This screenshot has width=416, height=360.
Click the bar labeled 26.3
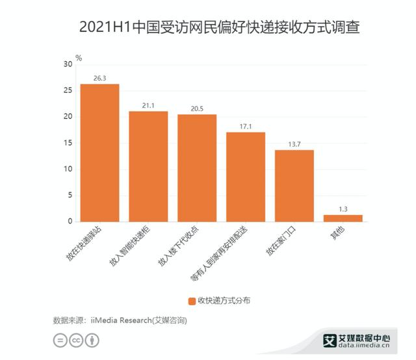pyautogui.click(x=99, y=153)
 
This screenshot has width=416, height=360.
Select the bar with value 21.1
pyautogui.click(x=148, y=166)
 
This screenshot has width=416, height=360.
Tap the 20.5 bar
pyautogui.click(x=197, y=168)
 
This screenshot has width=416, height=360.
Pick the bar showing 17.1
pyautogui.click(x=246, y=177)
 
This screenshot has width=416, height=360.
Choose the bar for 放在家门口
pyautogui.click(x=294, y=186)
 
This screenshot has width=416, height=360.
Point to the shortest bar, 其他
pyautogui.click(x=343, y=218)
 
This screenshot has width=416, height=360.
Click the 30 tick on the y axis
pyautogui.click(x=68, y=64)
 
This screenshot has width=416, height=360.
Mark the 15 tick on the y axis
pyautogui.click(x=68, y=143)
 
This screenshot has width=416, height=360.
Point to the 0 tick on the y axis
pyautogui.click(x=70, y=222)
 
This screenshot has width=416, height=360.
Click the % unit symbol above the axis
pyautogui.click(x=79, y=58)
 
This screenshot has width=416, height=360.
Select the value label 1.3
pyautogui.click(x=343, y=208)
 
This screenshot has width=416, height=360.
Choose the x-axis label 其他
pyautogui.click(x=337, y=235)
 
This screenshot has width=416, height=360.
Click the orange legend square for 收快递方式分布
pyautogui.click(x=192, y=300)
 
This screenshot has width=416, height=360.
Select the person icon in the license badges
pyautogui.click(x=93, y=341)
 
